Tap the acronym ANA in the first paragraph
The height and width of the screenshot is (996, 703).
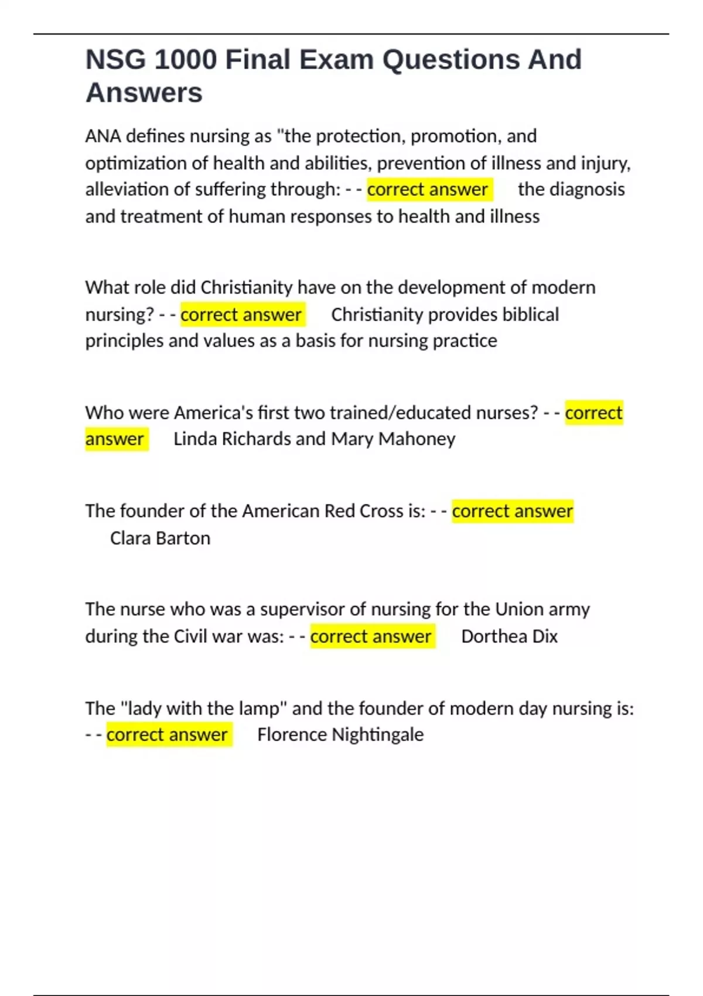click(103, 136)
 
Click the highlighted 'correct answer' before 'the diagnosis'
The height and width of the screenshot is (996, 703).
click(428, 189)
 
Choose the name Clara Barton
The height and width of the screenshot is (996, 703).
click(160, 538)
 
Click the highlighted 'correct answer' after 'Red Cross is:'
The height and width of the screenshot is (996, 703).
click(512, 511)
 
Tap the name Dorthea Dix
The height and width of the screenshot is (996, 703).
click(509, 636)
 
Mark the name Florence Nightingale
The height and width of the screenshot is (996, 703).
click(340, 735)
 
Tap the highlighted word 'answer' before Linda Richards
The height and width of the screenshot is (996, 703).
click(115, 439)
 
